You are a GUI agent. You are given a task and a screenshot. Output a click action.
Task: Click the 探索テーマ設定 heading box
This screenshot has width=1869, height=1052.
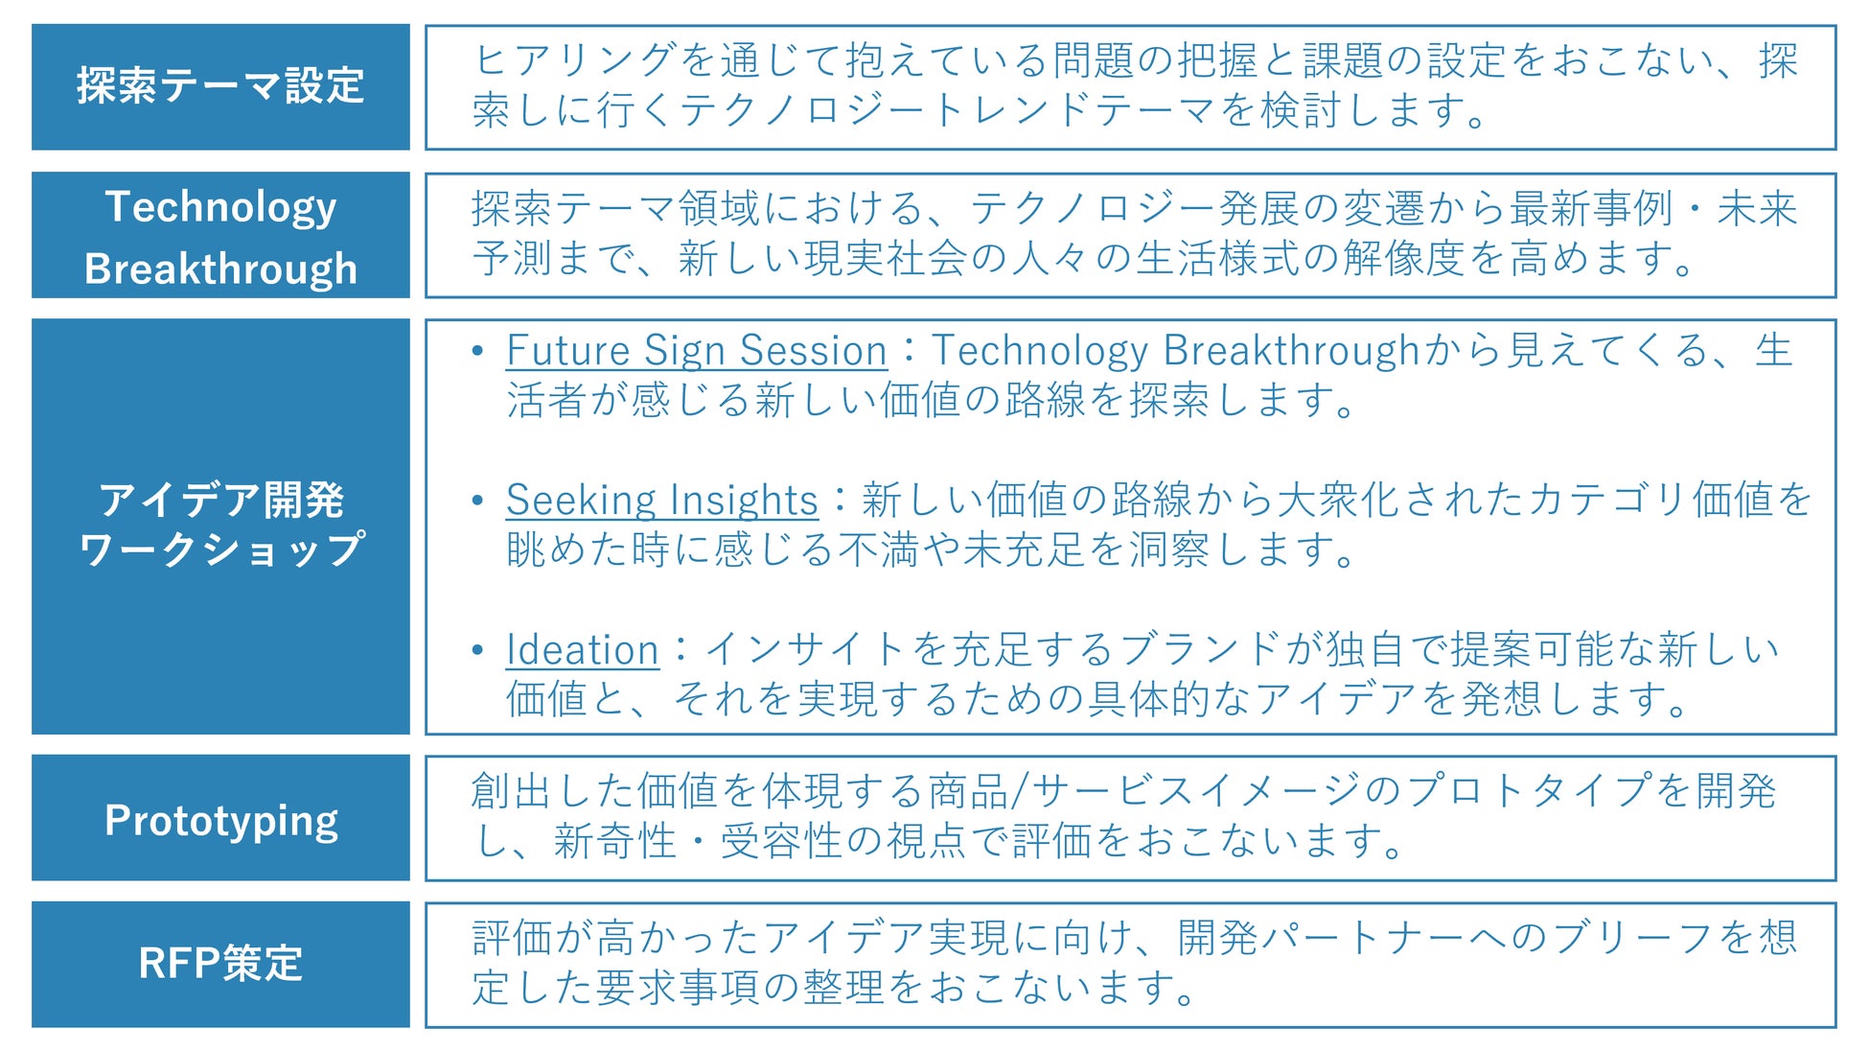pos(220,86)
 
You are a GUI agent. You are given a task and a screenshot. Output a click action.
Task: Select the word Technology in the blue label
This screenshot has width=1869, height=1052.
pos(220,207)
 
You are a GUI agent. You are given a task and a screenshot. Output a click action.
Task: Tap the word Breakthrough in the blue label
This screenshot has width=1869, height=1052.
pos(220,269)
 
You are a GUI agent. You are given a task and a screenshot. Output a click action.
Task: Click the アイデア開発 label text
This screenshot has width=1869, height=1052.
pos(220,500)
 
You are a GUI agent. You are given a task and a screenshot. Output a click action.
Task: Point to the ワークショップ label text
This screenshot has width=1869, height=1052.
pos(220,549)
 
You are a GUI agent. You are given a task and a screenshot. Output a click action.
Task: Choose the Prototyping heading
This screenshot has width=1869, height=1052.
pos(220,821)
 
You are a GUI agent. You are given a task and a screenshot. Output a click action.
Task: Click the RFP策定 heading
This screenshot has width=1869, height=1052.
pos(220,963)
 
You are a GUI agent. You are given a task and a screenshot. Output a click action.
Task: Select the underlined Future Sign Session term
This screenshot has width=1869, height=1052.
pos(697,351)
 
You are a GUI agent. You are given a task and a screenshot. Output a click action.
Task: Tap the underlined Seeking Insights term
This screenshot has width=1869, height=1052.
pos(662,501)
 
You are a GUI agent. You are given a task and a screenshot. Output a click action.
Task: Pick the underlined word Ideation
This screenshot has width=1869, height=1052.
pos(583,650)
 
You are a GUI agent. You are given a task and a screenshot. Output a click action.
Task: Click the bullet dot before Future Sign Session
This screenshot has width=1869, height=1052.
pos(477,351)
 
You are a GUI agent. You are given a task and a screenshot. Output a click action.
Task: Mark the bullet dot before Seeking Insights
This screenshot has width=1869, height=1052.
pos(477,501)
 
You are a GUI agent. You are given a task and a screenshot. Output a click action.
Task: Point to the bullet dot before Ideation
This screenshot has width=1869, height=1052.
pos(477,650)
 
